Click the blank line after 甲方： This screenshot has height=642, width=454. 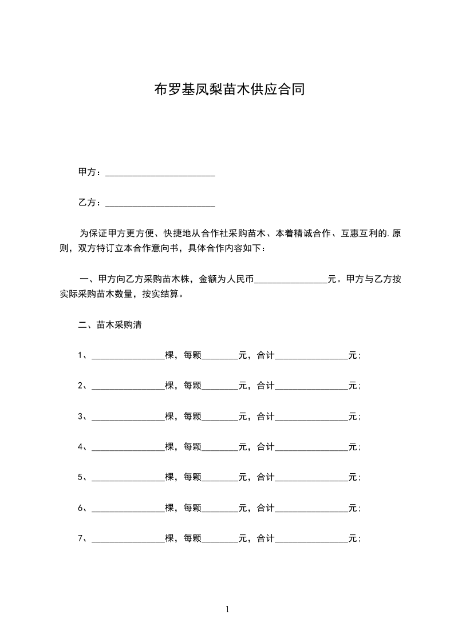pos(160,172)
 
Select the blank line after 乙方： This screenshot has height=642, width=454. pos(160,203)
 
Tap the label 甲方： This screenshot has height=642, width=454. pos(90,172)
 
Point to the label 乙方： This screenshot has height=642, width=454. pos(90,203)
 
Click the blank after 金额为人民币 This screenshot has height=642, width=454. pos(290,280)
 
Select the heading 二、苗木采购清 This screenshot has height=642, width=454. pos(110,325)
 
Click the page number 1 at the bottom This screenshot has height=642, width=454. pos(227,609)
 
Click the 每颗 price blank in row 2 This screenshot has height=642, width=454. pos(220,386)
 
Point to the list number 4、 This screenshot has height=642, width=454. pos(83,447)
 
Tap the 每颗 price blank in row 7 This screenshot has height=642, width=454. pos(220,538)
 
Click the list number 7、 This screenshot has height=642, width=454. pos(83,538)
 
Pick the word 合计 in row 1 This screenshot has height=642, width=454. pos(266,356)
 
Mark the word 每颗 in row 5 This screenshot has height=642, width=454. pos(192,477)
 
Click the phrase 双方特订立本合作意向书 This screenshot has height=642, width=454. pos(125,249)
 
